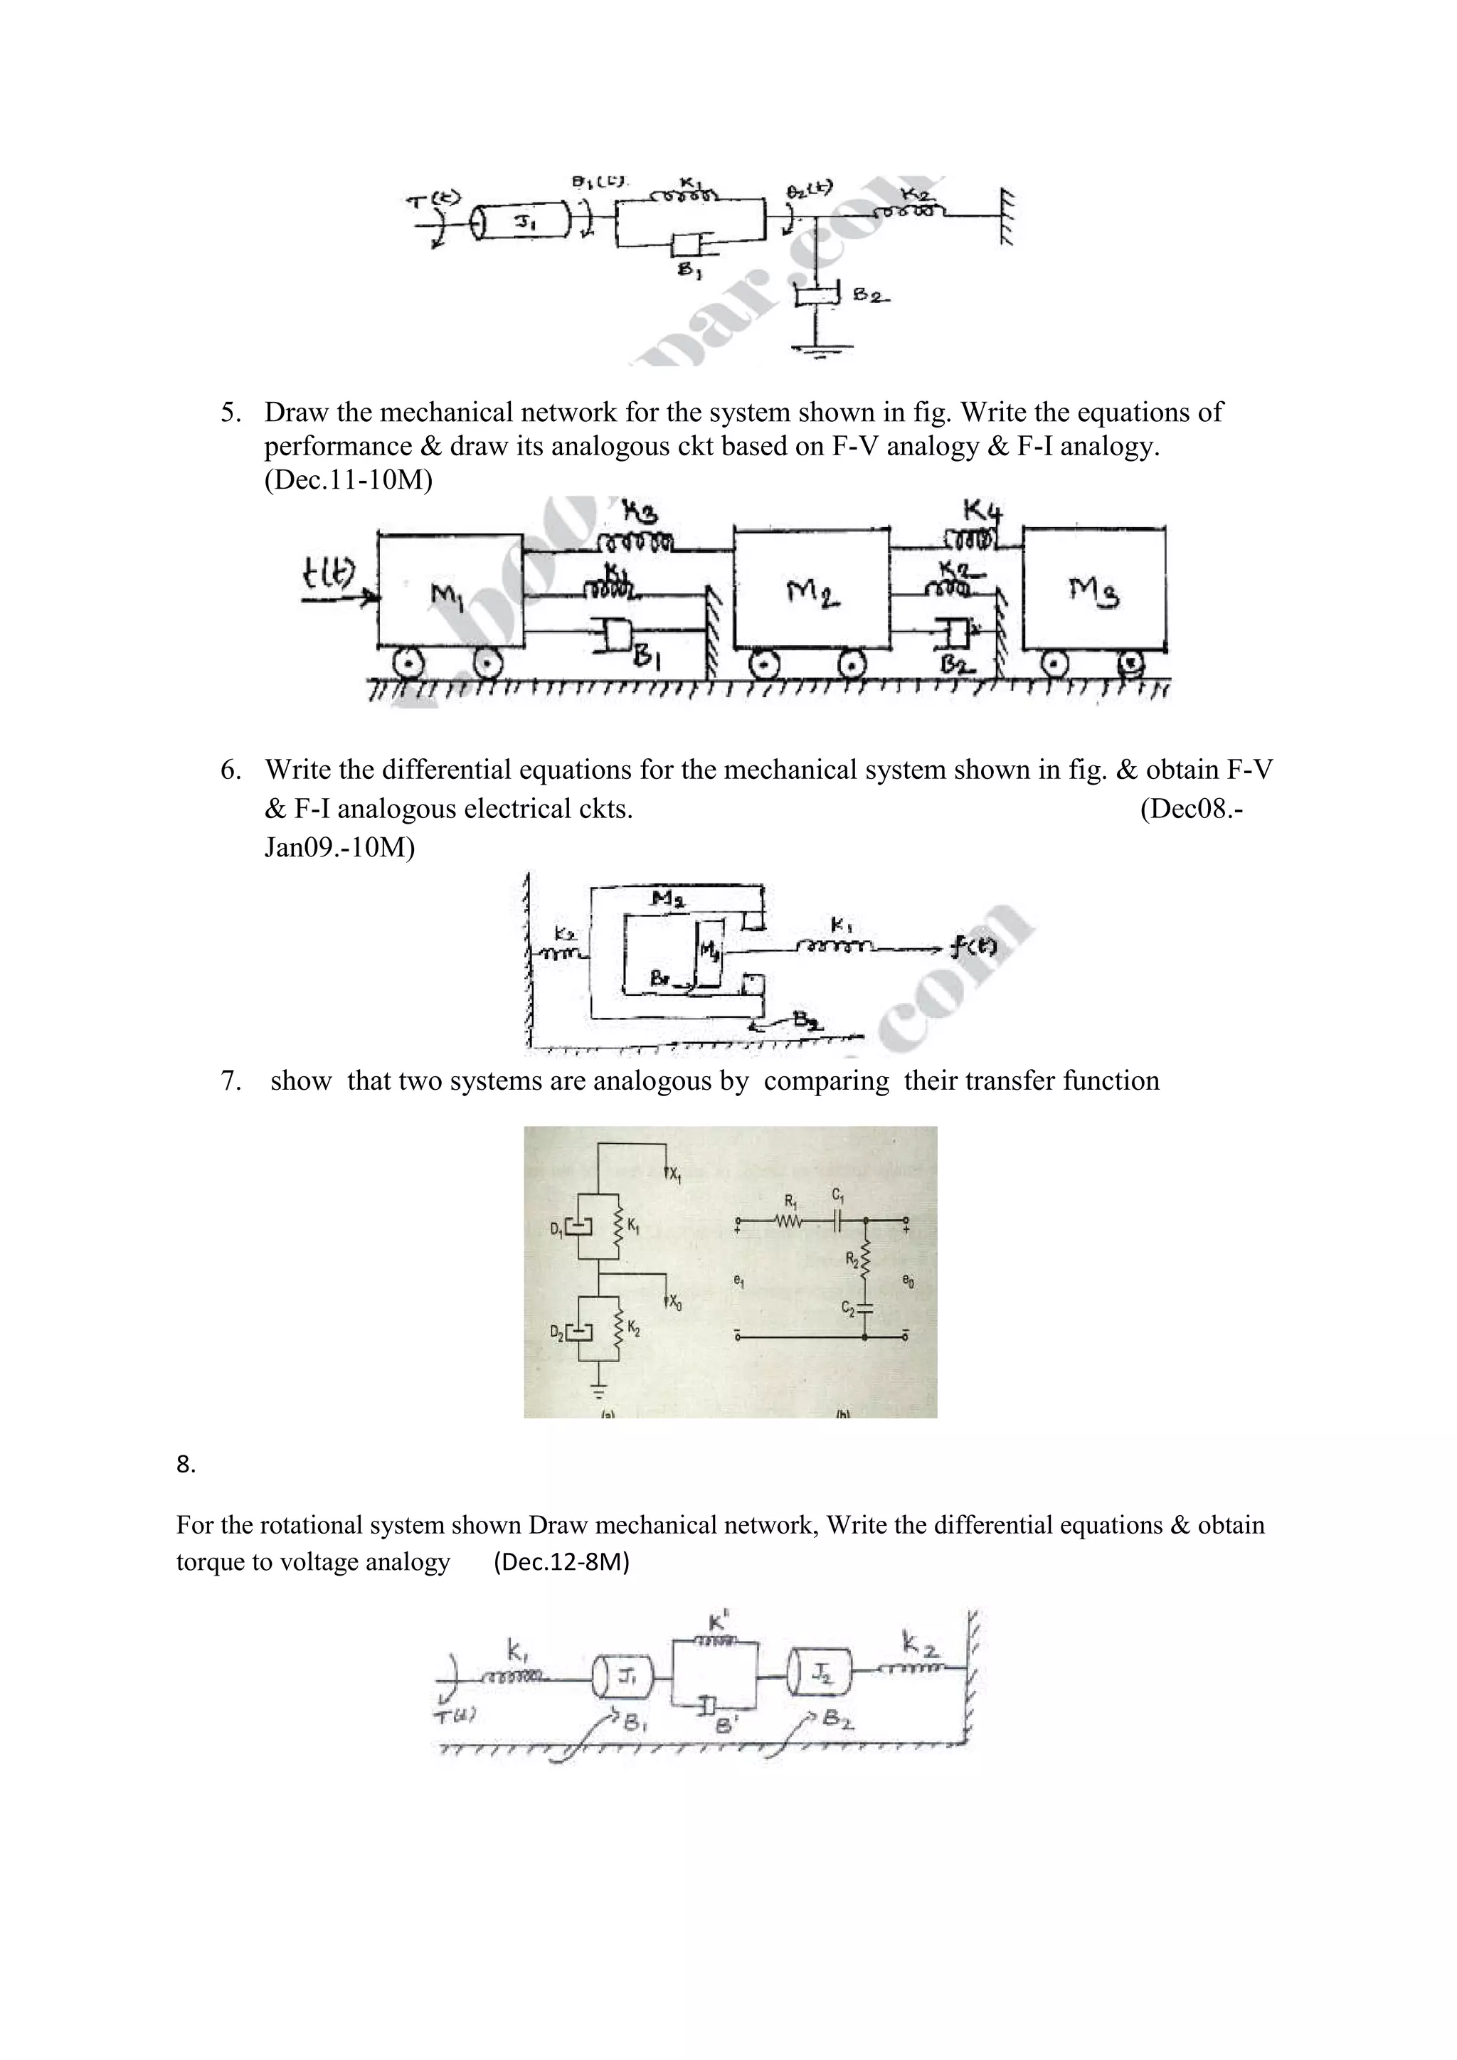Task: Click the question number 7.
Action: click(231, 1081)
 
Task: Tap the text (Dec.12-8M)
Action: click(561, 1562)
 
